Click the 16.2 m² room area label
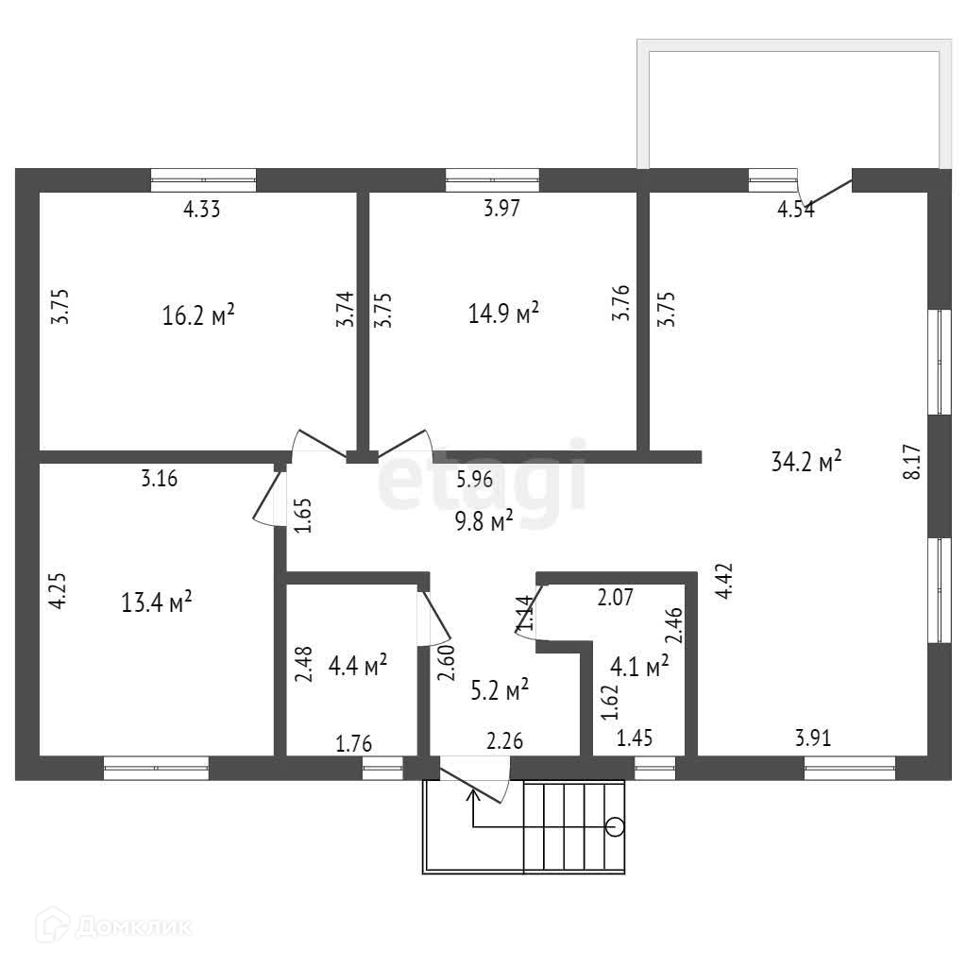[x=198, y=314]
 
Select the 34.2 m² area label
[x=806, y=463]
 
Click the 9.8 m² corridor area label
[x=483, y=520]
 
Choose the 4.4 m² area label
[x=357, y=666]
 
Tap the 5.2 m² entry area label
[x=500, y=690]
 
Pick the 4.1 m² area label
[x=640, y=667]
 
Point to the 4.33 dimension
[x=201, y=210]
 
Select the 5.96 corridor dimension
[x=474, y=479]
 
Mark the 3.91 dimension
[x=813, y=738]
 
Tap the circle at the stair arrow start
[x=615, y=828]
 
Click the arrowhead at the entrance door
[x=472, y=794]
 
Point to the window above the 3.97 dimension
[x=492, y=179]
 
